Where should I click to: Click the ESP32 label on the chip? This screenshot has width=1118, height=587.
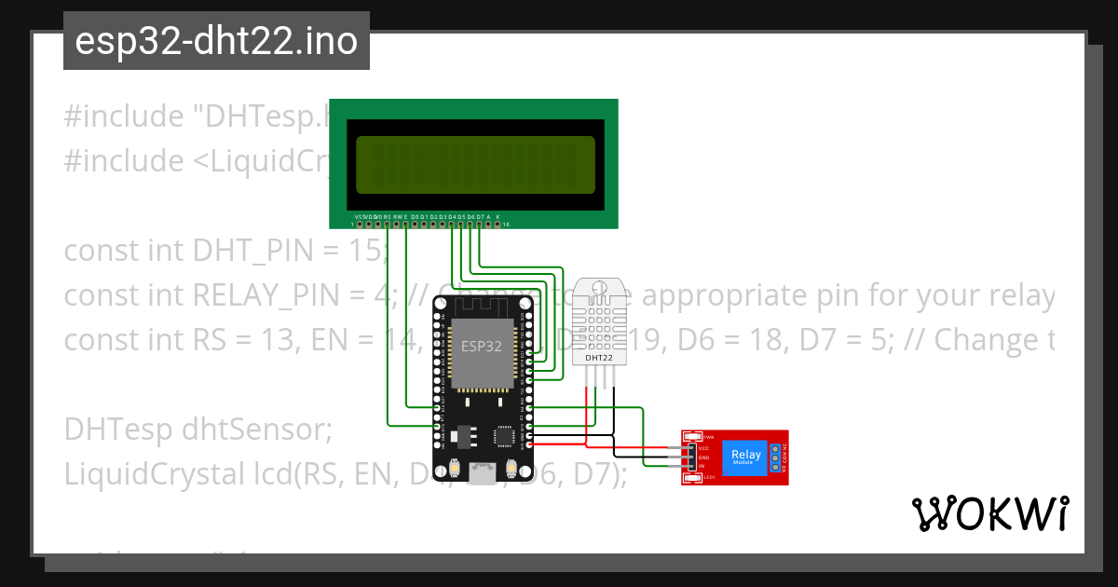(483, 345)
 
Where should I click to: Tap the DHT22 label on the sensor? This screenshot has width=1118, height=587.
(599, 357)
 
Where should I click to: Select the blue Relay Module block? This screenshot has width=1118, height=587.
(745, 457)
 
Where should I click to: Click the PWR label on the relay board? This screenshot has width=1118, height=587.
(708, 437)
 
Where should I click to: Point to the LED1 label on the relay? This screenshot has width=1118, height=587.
(708, 478)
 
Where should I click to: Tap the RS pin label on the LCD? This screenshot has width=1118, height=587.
(387, 217)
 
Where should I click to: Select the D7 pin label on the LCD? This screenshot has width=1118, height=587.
(480, 217)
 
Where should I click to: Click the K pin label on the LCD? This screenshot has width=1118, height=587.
(498, 217)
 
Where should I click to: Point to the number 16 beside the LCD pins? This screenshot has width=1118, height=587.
(506, 225)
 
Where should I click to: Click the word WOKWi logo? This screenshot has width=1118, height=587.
(989, 514)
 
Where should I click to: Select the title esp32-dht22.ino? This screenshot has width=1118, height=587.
(216, 42)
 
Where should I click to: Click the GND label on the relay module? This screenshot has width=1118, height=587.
(704, 457)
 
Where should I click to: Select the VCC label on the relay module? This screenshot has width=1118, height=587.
(704, 448)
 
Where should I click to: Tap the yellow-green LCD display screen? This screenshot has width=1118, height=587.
(474, 165)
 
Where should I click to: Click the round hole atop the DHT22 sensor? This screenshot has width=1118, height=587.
(599, 287)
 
